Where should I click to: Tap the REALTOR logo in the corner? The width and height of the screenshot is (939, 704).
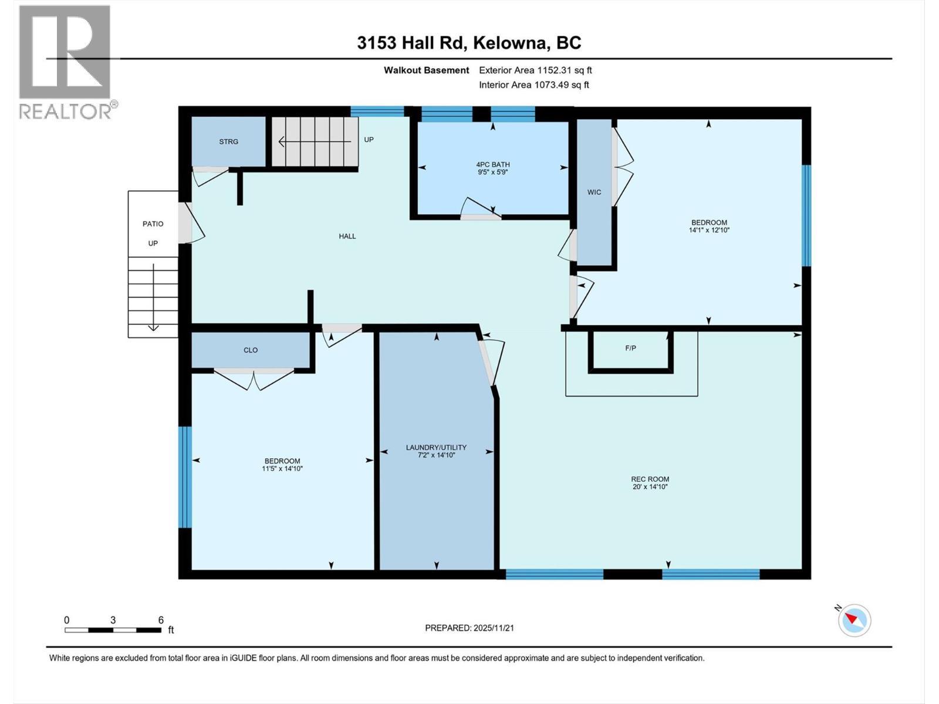tap(65, 62)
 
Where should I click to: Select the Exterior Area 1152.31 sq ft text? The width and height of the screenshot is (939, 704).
tap(535, 70)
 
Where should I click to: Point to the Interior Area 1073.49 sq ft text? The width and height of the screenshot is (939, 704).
tap(534, 84)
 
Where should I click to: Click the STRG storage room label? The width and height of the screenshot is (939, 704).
tap(229, 141)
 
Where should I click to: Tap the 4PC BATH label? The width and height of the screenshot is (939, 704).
tap(493, 165)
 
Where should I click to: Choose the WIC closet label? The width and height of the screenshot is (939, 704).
tap(594, 192)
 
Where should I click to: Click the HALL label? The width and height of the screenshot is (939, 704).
tap(347, 236)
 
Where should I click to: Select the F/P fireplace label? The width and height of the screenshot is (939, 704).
tap(630, 348)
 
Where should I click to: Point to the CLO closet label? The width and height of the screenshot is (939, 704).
tap(251, 350)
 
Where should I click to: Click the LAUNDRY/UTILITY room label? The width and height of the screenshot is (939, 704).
tap(436, 448)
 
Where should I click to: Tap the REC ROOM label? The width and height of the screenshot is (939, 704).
tap(650, 479)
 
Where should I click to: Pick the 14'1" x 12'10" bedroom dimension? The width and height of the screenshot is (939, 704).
tap(709, 231)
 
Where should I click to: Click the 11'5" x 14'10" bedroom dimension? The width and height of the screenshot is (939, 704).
tap(282, 469)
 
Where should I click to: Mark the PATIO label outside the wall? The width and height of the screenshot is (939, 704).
tap(153, 224)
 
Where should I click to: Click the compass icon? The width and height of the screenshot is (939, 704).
tap(854, 620)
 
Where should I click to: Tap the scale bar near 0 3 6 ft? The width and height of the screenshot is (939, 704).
tap(113, 630)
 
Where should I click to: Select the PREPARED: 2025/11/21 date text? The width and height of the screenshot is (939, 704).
tap(469, 628)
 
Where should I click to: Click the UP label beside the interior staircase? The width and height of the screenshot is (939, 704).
tap(369, 140)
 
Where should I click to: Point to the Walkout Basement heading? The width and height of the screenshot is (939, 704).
tap(427, 70)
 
